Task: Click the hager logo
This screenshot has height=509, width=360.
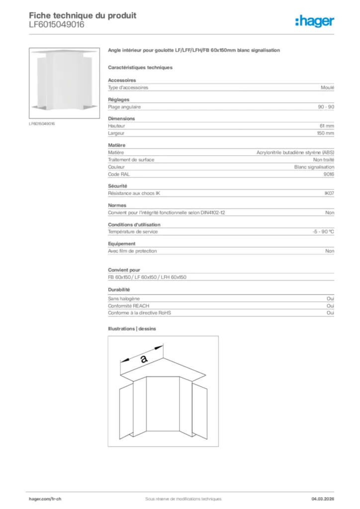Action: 314,21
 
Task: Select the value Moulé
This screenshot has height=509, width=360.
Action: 328,87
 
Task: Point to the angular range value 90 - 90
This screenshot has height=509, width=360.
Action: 326,107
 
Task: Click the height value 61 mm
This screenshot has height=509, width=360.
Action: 327,126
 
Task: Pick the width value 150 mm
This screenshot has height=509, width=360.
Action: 326,133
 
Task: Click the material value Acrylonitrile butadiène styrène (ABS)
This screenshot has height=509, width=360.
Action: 295,153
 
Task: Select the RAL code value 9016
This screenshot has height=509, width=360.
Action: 329,174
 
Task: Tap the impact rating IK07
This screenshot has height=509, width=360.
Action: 329,193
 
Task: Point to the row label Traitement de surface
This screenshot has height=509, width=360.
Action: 131,160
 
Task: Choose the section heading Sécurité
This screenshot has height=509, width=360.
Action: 117,186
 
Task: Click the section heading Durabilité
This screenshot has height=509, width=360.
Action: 119,289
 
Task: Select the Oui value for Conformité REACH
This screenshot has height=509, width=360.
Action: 330,306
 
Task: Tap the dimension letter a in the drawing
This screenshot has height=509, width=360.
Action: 144,358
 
